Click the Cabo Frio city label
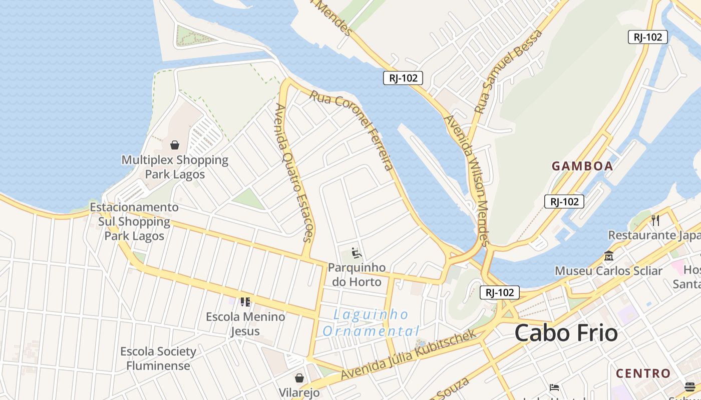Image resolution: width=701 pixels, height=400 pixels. [566, 333]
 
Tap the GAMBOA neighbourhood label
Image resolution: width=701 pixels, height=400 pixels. [582, 166]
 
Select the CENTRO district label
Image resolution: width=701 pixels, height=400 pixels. [643, 373]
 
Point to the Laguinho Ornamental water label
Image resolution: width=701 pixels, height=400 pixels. [371, 323]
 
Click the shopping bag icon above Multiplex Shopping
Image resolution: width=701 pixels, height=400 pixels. [175, 145]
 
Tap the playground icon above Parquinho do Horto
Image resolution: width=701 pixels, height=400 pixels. [357, 253]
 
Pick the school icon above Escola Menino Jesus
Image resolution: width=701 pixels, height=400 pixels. [245, 301]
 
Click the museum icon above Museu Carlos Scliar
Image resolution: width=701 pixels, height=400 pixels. [609, 255]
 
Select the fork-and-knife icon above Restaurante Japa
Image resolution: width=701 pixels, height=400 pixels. [655, 220]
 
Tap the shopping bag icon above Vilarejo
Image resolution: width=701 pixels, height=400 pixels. [299, 377]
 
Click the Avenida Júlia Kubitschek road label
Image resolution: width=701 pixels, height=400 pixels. [408, 355]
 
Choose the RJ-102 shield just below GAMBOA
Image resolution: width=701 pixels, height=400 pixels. [564, 201]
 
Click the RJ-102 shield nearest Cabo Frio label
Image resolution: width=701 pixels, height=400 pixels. [499, 292]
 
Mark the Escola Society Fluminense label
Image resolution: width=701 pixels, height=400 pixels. [158, 358]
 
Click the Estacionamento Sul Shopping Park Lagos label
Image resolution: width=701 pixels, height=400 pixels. [134, 221]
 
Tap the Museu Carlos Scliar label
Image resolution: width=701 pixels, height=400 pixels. [608, 271]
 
